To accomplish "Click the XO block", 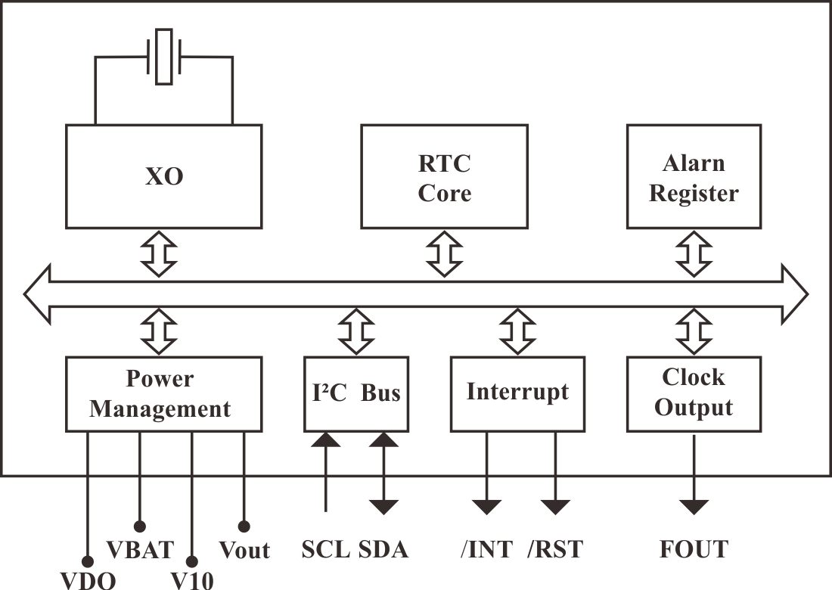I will pos(163,177).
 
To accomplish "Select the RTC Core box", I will pos(444,177).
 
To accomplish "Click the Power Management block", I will pos(163,394).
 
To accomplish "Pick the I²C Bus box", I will pos(355,394).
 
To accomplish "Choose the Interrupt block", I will pos(517,393).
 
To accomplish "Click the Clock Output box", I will pos(693,393).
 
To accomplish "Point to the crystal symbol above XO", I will pos(163,56).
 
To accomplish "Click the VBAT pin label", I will pos(139,548).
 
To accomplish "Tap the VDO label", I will pos(88,580).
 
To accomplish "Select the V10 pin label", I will pos(192,580).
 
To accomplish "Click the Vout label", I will pos(244,549).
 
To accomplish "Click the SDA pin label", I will pos(383,549).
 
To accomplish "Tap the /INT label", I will pos(486,549).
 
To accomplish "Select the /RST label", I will pos(555,549).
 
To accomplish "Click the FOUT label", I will pos(693,549).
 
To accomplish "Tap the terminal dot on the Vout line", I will pos(244,525).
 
